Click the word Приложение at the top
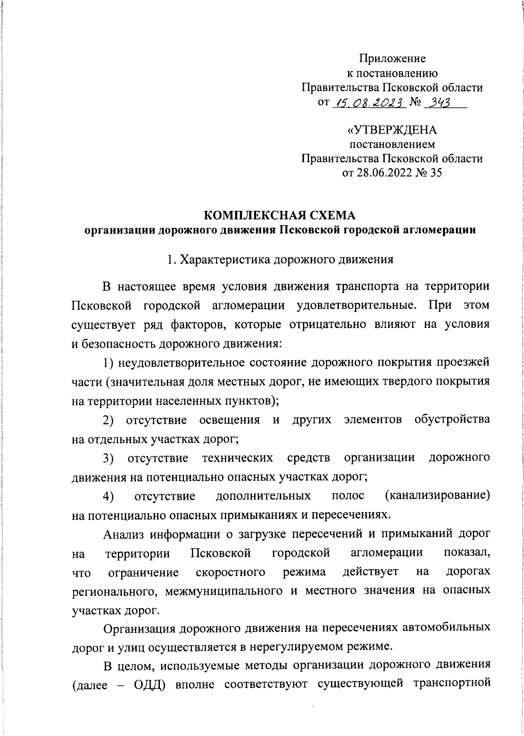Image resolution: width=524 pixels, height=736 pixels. click(x=392, y=58)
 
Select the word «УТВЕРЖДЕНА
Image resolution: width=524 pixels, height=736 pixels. click(x=392, y=130)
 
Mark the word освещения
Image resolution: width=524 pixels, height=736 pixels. click(x=229, y=420)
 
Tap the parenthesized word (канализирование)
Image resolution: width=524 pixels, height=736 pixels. click(x=438, y=496)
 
